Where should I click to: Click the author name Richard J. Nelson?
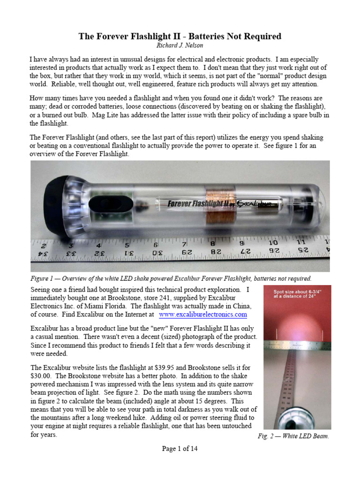(x=180, y=45)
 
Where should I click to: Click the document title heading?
(x=180, y=36)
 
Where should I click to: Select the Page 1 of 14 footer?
(x=180, y=449)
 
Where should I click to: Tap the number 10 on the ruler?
(x=273, y=243)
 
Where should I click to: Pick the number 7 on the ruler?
(x=185, y=244)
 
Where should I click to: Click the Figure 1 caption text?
(x=171, y=278)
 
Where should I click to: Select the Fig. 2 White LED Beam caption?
(x=294, y=436)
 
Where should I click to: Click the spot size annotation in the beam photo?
(x=297, y=293)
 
